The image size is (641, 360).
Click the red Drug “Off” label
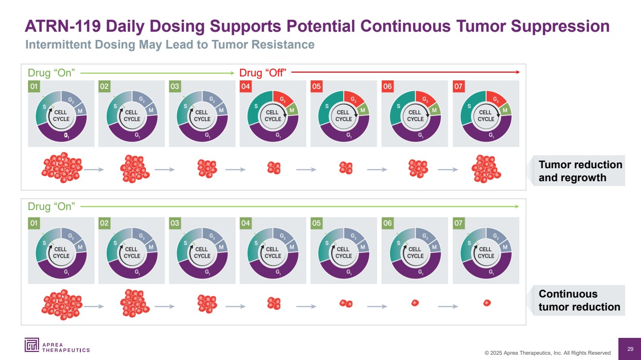pos(263,73)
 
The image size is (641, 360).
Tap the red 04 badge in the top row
pos(246,87)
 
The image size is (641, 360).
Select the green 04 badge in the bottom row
pos(246,223)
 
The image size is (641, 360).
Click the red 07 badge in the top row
pos(459,87)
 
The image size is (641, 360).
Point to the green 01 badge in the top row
pos(34,87)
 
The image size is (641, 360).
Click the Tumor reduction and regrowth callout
pos(579,171)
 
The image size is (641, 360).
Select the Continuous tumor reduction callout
pos(579,300)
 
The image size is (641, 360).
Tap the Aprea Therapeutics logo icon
pos(32,345)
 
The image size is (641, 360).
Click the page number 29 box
pos(630,348)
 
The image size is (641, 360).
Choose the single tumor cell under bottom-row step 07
pos(487,303)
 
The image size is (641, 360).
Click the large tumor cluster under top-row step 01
pos(62,169)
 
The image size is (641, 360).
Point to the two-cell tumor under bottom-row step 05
pos(346,303)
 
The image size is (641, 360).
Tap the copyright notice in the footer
pos(547,353)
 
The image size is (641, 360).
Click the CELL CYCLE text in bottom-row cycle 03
pos(202,252)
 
